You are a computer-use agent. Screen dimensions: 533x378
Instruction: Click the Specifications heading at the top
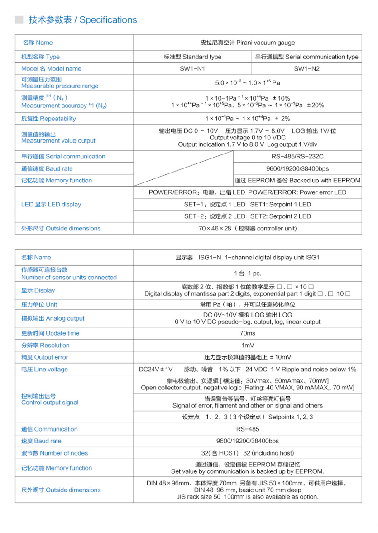(x=83, y=20)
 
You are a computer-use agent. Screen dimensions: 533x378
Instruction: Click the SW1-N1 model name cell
(x=192, y=69)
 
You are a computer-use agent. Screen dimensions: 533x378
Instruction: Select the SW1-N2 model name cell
(x=306, y=69)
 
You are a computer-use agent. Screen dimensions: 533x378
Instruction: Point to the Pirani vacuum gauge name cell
(x=247, y=43)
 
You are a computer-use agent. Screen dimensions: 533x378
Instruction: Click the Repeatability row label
(x=48, y=119)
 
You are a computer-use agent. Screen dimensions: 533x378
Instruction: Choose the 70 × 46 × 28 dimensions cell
(x=247, y=229)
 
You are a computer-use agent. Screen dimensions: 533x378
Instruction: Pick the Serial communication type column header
(x=306, y=57)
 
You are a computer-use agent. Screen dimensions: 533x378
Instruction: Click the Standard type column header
(x=192, y=57)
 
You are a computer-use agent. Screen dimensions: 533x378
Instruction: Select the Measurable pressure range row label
(x=60, y=82)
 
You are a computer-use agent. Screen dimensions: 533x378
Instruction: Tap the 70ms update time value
(x=247, y=333)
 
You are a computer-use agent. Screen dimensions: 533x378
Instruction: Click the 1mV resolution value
(x=247, y=346)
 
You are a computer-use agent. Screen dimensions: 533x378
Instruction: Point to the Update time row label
(x=50, y=333)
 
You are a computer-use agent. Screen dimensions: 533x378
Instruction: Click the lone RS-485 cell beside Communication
(x=247, y=429)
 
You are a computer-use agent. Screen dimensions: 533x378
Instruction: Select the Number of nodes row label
(x=54, y=453)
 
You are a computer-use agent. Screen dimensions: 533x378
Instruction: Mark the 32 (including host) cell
(x=247, y=453)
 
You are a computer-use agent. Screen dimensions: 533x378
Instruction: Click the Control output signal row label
(x=50, y=399)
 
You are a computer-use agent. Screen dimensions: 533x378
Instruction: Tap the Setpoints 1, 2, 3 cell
(x=247, y=417)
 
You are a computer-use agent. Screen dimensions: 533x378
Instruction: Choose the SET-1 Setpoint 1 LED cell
(x=247, y=205)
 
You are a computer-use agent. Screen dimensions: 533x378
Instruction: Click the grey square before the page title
(x=19, y=20)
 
